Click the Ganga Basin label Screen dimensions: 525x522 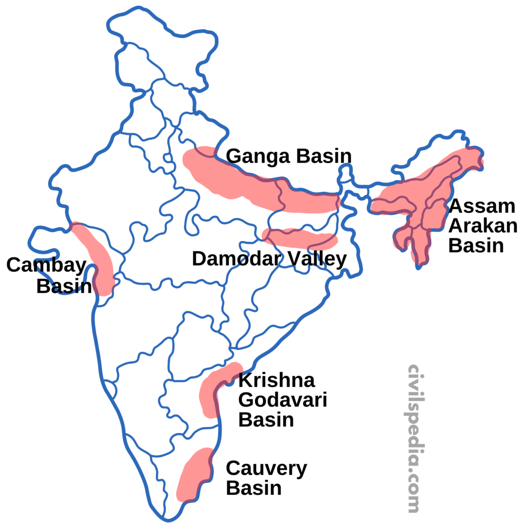coord(288,156)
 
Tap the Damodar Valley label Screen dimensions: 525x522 coord(269,259)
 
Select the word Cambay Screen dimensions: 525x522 coord(46,266)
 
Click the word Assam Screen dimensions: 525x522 coord(481,207)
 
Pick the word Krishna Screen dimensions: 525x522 coord(277,381)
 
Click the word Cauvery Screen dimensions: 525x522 coord(266,468)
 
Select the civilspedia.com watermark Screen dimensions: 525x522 coord(414,438)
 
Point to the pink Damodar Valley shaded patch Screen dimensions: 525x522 coord(300,238)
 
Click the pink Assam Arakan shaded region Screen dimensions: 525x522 coord(426,205)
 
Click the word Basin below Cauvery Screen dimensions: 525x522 coord(254,488)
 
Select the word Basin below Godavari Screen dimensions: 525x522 coord(266,420)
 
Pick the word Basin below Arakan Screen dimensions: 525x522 coord(476,246)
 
